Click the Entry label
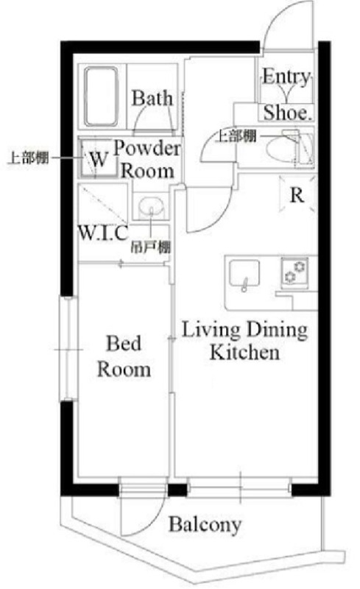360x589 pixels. (x=286, y=77)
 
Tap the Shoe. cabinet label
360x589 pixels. (x=288, y=113)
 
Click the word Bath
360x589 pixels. (x=152, y=98)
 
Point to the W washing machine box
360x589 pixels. (x=96, y=158)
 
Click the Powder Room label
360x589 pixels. (x=147, y=160)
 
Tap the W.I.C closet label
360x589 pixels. (x=103, y=234)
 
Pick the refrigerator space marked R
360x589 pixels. (x=297, y=195)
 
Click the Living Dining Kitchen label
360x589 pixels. (x=244, y=341)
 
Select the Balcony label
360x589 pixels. (x=205, y=525)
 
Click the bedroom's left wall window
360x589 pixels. (x=68, y=348)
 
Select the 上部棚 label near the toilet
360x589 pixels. (x=236, y=135)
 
